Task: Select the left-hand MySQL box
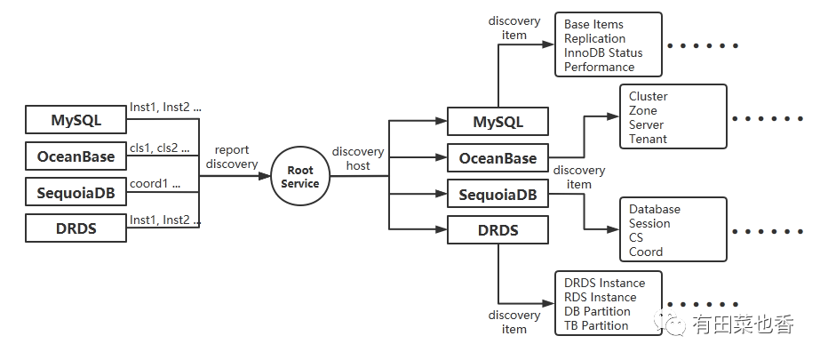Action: pos(76,119)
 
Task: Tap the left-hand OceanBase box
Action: pos(76,156)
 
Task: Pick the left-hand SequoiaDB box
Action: pos(76,192)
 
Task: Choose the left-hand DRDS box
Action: pos(76,228)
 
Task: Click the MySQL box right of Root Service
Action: pos(498,122)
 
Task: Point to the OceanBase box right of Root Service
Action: pos(498,158)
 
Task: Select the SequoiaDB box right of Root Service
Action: pos(498,195)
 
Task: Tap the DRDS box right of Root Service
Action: pos(498,231)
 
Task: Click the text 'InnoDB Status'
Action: pos(603,52)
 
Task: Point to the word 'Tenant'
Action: pos(648,139)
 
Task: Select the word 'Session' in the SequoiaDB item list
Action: pos(649,223)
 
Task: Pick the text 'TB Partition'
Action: pos(596,325)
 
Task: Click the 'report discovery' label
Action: pos(232,157)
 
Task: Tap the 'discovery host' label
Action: pos(357,157)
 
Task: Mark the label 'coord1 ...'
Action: pos(155,185)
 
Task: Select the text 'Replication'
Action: pos(594,38)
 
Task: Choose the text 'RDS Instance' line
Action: pos(600,297)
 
